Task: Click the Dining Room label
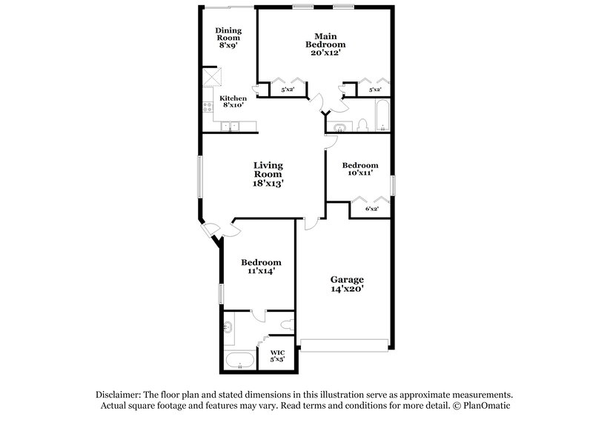coord(227,37)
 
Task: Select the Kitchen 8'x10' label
coord(233,102)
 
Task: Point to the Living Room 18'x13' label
coord(268,173)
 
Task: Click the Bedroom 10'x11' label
coord(360,168)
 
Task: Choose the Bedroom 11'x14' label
coord(262,267)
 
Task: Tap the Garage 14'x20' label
coord(347,284)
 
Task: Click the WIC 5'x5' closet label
coord(277,355)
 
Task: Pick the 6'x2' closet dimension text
coord(372,209)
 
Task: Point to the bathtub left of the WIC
coord(239,362)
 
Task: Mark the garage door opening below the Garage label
coord(343,345)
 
